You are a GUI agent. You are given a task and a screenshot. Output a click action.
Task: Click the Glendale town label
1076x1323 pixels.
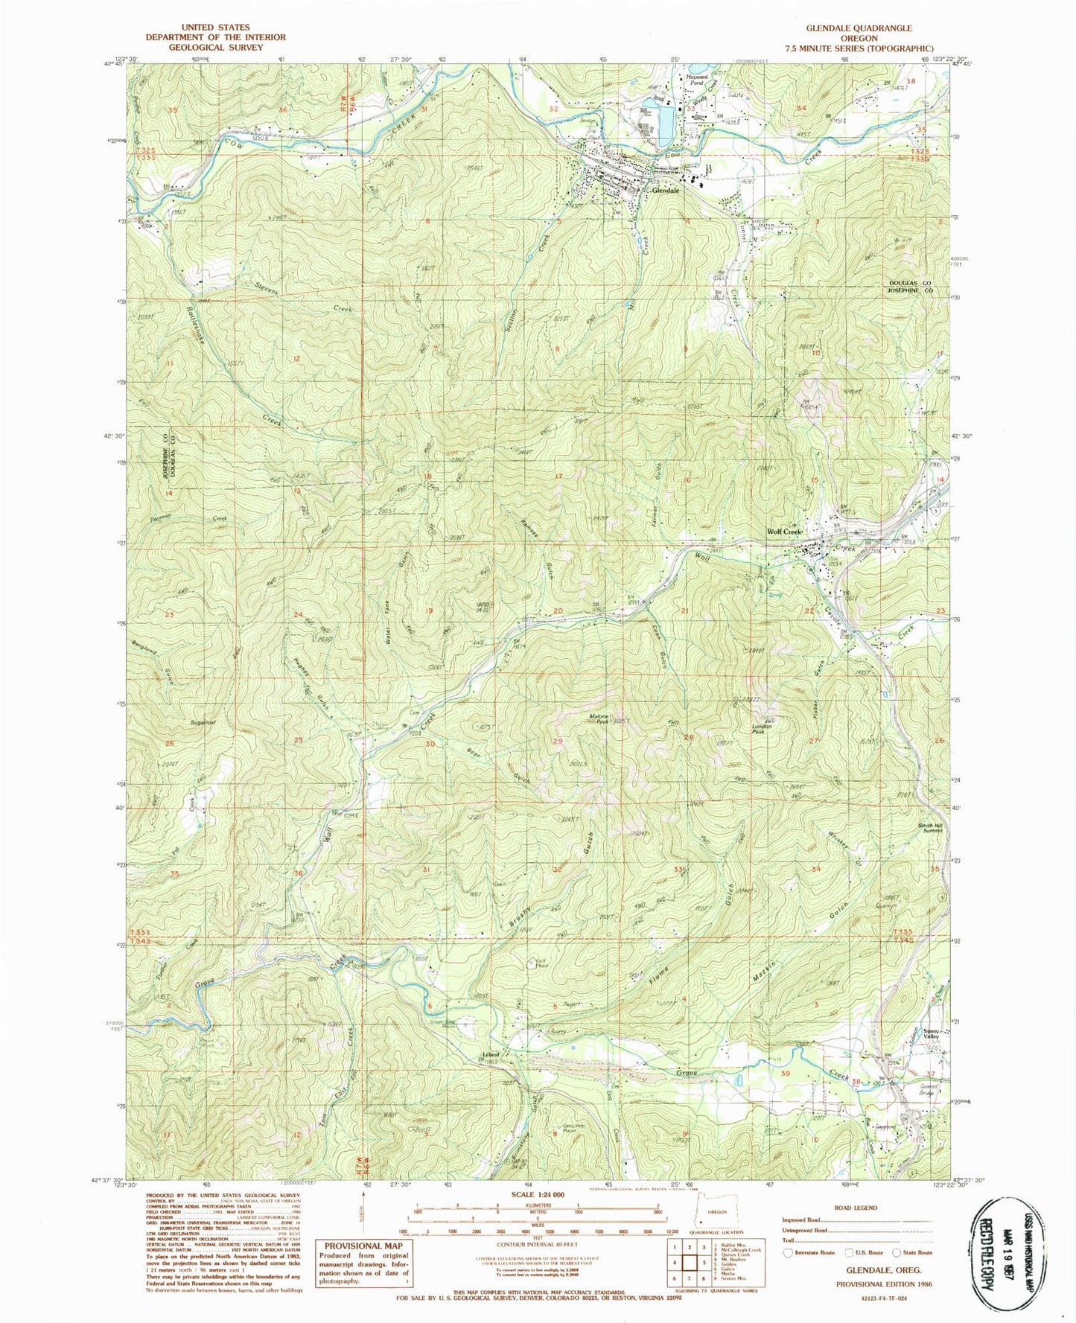coord(664,191)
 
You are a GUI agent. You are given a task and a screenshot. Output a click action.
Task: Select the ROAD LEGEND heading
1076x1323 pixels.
coord(856,1208)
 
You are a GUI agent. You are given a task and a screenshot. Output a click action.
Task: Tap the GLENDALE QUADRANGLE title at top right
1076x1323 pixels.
coord(859,28)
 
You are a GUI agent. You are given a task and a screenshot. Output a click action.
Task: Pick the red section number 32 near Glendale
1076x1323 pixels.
coord(553,109)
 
